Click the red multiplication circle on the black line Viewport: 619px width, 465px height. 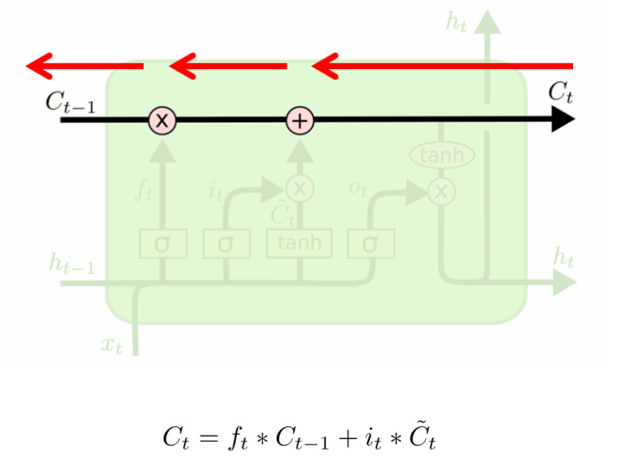[162, 121]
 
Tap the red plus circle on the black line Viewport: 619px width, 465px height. [300, 121]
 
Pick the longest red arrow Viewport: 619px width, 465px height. [442, 65]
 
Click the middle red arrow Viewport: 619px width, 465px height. [227, 65]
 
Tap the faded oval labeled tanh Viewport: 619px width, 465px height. [442, 156]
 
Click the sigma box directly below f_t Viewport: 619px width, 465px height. [162, 245]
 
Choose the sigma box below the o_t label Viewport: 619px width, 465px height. [371, 245]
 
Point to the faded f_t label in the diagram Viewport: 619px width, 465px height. [144, 190]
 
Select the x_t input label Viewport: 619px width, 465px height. [111, 345]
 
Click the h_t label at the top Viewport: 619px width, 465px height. [457, 22]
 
